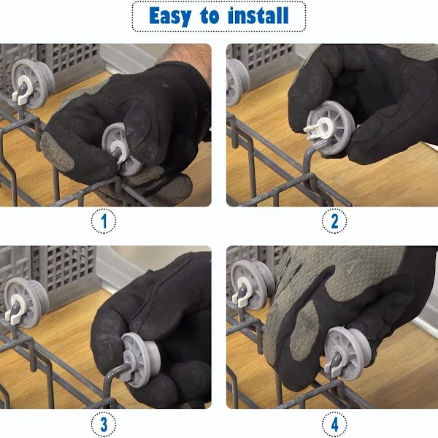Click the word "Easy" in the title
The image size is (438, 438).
pyautogui.click(x=170, y=16)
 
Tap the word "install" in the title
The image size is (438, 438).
pyautogui.click(x=258, y=15)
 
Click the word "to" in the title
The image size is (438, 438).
pyautogui.click(x=210, y=16)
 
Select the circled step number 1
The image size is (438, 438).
pyautogui.click(x=104, y=221)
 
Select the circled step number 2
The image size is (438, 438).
pyautogui.click(x=334, y=221)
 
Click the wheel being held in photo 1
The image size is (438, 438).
pyautogui.click(x=122, y=150)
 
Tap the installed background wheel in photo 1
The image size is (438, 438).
pyautogui.click(x=32, y=83)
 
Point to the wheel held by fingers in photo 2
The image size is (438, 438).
pyautogui.click(x=331, y=128)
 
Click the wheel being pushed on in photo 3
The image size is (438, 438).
pyautogui.click(x=140, y=360)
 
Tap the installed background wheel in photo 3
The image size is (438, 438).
pyautogui.click(x=26, y=302)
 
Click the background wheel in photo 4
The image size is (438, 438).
pyautogui.click(x=253, y=285)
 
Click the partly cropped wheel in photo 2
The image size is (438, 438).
pyautogui.click(x=237, y=82)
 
